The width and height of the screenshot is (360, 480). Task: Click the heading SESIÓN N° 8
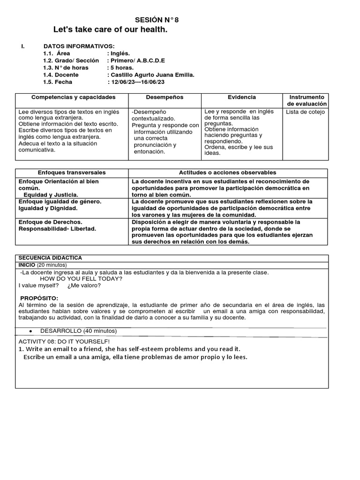(x=157, y=20)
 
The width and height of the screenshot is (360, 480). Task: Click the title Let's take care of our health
(x=110, y=30)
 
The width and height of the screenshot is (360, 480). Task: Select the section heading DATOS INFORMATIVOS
(x=79, y=46)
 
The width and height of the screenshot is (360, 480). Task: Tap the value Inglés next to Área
(x=119, y=53)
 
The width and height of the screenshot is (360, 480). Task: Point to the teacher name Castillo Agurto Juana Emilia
(x=150, y=75)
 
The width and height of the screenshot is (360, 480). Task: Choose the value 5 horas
(x=120, y=67)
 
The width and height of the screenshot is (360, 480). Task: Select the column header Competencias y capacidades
(x=73, y=97)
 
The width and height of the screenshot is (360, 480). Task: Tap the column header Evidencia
(x=242, y=97)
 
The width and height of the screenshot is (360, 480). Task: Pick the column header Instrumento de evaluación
(x=307, y=100)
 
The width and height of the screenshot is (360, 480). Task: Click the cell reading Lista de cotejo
(x=305, y=112)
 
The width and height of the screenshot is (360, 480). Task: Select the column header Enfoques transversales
(x=72, y=172)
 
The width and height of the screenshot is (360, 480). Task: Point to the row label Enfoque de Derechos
(x=51, y=222)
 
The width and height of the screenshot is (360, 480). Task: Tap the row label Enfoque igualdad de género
(x=60, y=201)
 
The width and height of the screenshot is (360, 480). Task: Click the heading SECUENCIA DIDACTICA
(x=50, y=258)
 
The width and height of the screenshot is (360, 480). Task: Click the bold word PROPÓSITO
(x=39, y=298)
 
